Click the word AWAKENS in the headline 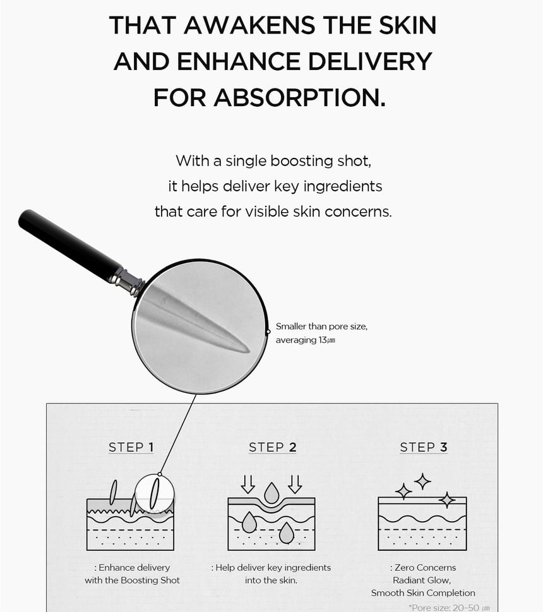[x=250, y=25]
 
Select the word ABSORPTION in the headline [x=299, y=97]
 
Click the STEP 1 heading [x=131, y=447]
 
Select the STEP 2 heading [x=272, y=447]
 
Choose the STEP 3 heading [x=424, y=447]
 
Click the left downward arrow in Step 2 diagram [x=248, y=484]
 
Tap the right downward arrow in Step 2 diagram [x=295, y=484]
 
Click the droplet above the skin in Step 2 [x=271, y=493]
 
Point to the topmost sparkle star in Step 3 [x=422, y=481]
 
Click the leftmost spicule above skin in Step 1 [x=113, y=493]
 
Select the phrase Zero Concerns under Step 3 [x=425, y=568]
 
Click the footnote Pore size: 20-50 [x=448, y=608]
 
